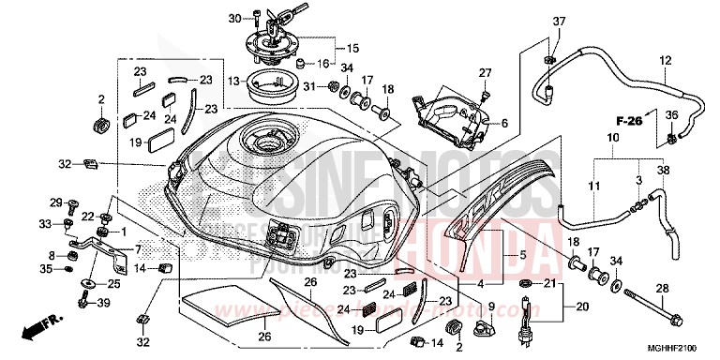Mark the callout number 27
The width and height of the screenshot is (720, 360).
click(x=485, y=73)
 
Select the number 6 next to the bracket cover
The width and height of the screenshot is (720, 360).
click(x=503, y=123)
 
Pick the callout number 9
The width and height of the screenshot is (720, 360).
click(x=489, y=306)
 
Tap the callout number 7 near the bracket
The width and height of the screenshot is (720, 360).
click(x=138, y=250)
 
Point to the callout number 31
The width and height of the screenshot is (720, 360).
click(x=307, y=87)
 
